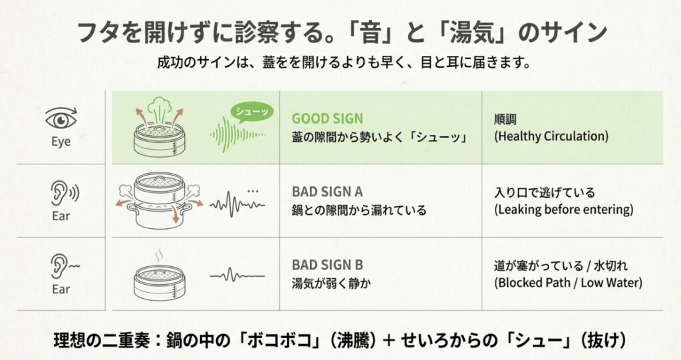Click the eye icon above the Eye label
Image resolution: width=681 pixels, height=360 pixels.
point(61,120)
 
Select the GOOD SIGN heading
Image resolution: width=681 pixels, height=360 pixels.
point(327,118)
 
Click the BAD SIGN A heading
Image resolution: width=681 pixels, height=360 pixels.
point(327,192)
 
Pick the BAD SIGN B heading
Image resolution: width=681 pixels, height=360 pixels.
point(327,264)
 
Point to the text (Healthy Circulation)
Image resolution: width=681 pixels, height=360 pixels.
point(551,136)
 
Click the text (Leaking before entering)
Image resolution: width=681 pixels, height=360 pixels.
point(563,210)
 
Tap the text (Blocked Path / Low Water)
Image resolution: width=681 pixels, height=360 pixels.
point(567,282)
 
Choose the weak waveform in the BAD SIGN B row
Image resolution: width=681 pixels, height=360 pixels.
point(237,274)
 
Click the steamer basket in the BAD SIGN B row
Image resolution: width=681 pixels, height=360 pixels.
point(159,280)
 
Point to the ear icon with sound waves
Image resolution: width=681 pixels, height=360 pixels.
point(63,193)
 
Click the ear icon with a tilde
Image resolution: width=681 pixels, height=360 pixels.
point(63,266)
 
